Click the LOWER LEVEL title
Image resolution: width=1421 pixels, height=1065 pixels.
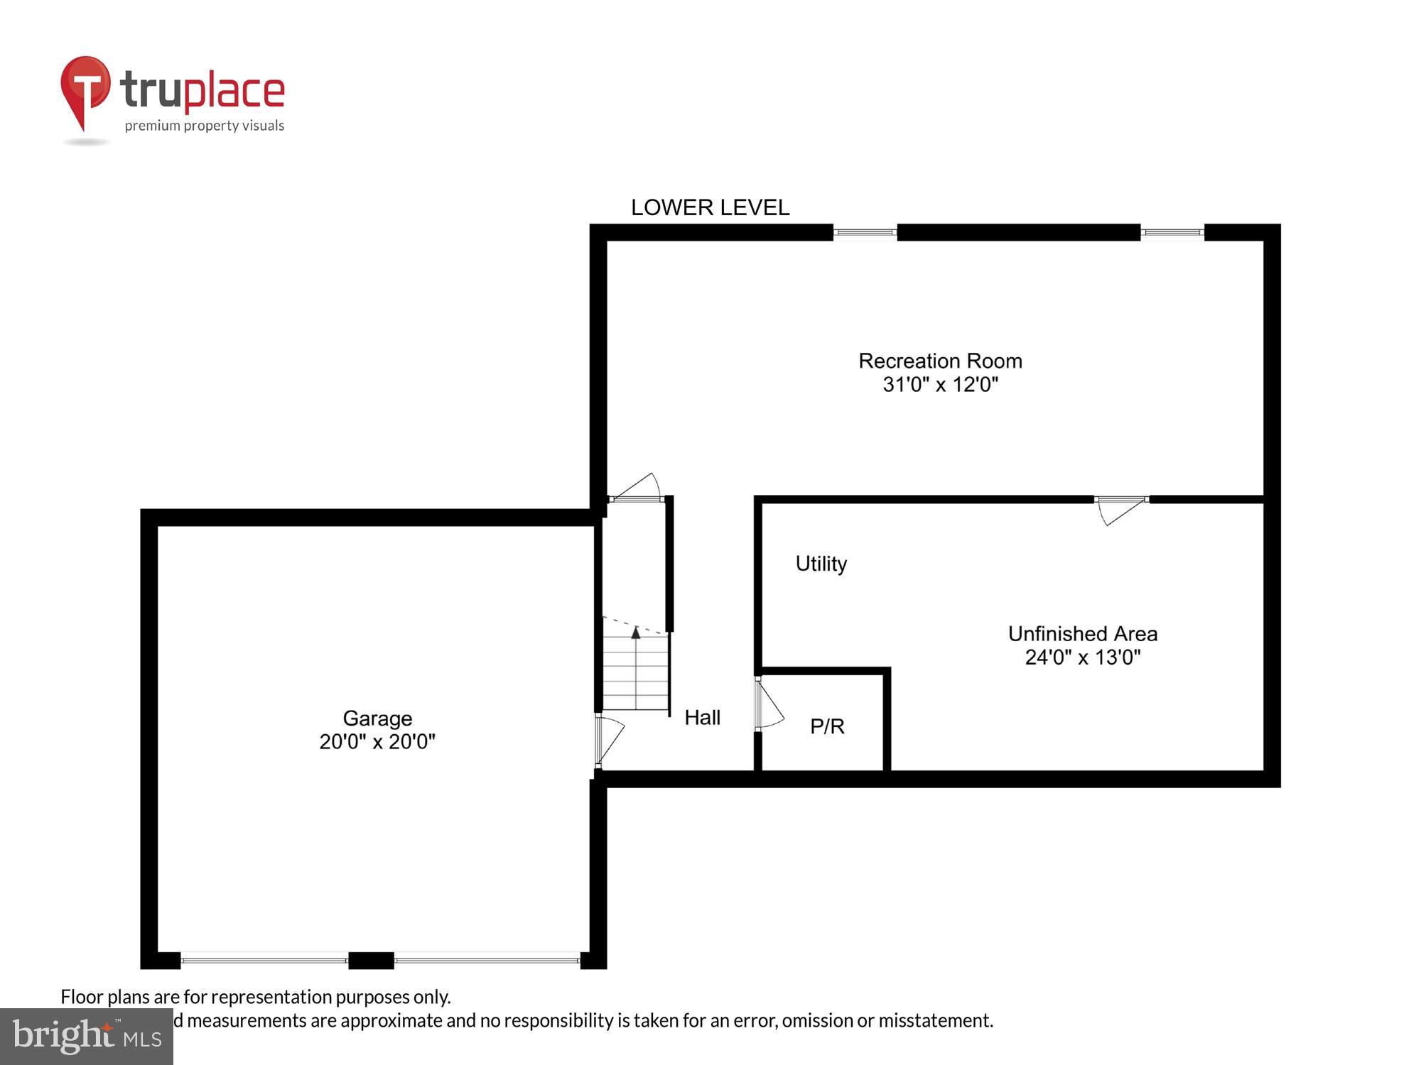pos(710,207)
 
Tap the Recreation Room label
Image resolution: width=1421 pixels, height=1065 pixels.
pos(940,361)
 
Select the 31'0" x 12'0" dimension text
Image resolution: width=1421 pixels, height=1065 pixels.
pos(940,384)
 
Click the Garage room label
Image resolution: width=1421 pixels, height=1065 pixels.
pos(377,718)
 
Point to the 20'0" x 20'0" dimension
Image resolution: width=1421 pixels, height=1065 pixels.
pos(377,741)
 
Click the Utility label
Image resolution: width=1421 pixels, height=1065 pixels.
pos(821,564)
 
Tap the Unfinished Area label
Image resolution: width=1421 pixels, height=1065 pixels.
pos(1082,633)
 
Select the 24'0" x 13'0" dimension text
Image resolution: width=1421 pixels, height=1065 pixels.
pos(1082,657)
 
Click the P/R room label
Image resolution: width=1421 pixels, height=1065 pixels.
pos(827,726)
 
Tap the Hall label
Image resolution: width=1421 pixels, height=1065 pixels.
pos(702,717)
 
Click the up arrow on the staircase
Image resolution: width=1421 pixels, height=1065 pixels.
pos(636,632)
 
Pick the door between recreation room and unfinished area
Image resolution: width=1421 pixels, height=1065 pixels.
pos(1121,508)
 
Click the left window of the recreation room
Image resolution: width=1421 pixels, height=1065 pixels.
pos(865,232)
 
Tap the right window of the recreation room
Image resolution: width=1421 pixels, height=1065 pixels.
pos(1172,232)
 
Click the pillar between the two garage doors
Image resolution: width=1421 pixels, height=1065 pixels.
pos(371,960)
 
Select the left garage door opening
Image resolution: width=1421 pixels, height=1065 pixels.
pos(264,960)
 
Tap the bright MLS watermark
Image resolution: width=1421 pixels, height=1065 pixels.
pos(87,1037)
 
